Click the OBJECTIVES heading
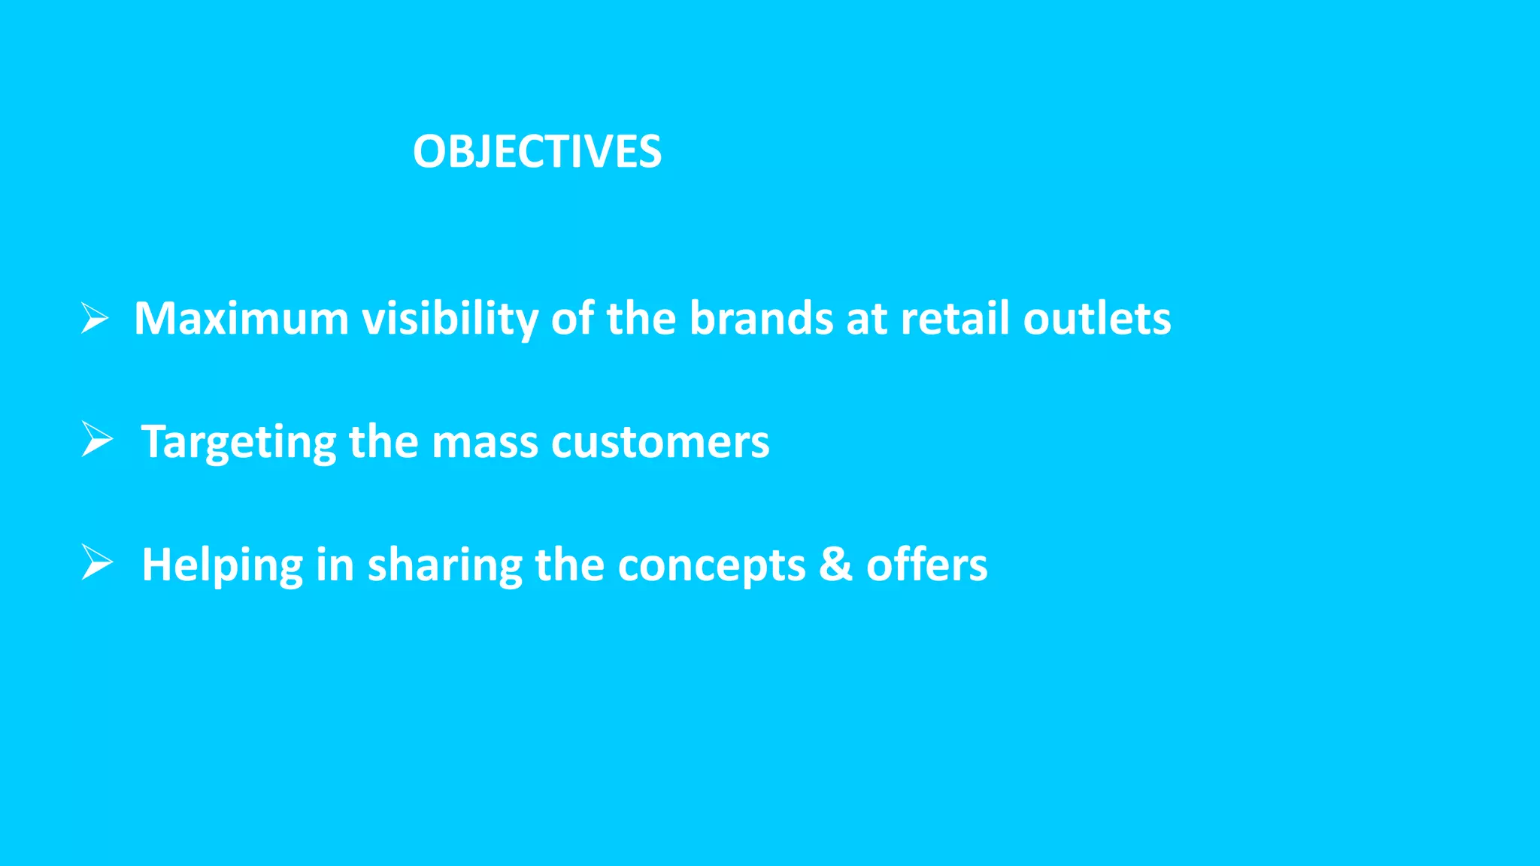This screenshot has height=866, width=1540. pos(537,152)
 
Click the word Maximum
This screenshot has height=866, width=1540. pos(241,318)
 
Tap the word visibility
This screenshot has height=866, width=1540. pos(450,319)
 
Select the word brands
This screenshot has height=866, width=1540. pos(761,318)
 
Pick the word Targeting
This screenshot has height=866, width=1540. pos(238,442)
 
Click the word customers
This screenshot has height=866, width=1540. pos(660,442)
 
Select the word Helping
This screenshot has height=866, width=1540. pos(223,565)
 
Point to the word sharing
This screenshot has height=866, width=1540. pos(444,565)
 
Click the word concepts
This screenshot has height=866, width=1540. pos(711,565)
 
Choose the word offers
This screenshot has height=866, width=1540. pos(926,565)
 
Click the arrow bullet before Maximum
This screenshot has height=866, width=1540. pos(95,318)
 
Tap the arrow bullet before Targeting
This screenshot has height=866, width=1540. pos(97,439)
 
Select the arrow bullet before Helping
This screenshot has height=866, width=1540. pos(97,562)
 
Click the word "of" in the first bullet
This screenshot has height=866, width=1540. pos(572,318)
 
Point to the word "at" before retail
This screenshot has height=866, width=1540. pos(866,318)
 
